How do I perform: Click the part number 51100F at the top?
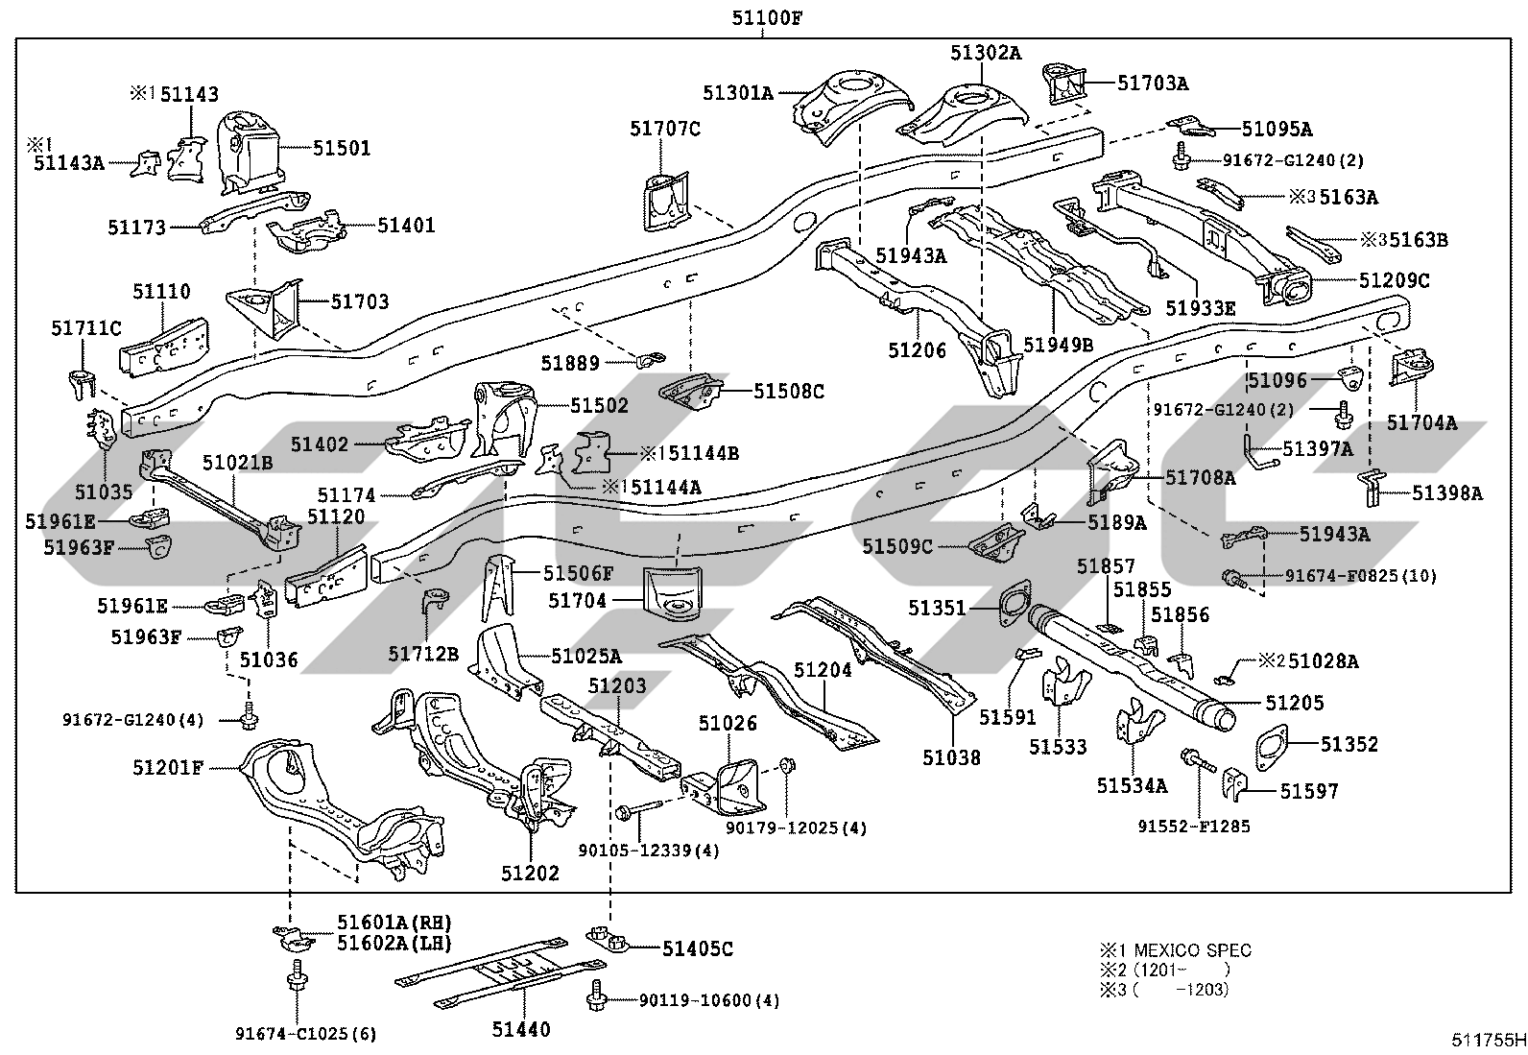[767, 17]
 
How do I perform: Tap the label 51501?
[342, 148]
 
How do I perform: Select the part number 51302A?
[986, 53]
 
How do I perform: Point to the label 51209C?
[1395, 280]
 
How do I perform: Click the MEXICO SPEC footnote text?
[1192, 950]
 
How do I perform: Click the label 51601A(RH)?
[394, 923]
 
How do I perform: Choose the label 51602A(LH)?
[394, 943]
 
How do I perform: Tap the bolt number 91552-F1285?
[1194, 827]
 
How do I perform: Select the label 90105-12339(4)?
[649, 851]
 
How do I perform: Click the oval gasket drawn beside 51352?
[1271, 747]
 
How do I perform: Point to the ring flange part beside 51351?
[1015, 603]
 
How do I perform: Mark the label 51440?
[521, 1029]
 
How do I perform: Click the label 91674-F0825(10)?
[1361, 576]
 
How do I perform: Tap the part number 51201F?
[168, 768]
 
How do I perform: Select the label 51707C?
[665, 129]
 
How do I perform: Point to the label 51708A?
[1201, 478]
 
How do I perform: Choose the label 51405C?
[698, 948]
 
